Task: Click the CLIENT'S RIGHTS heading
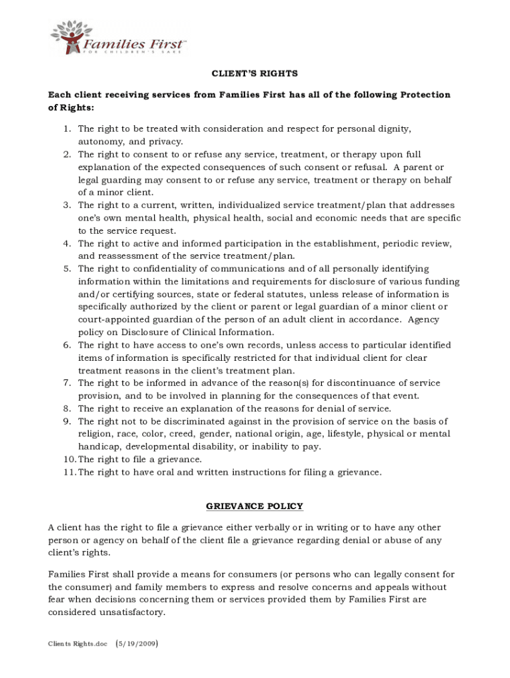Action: (254, 73)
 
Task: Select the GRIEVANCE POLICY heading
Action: (254, 507)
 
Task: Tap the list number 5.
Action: (67, 269)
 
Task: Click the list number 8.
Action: (67, 409)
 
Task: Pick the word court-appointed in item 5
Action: (109, 320)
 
